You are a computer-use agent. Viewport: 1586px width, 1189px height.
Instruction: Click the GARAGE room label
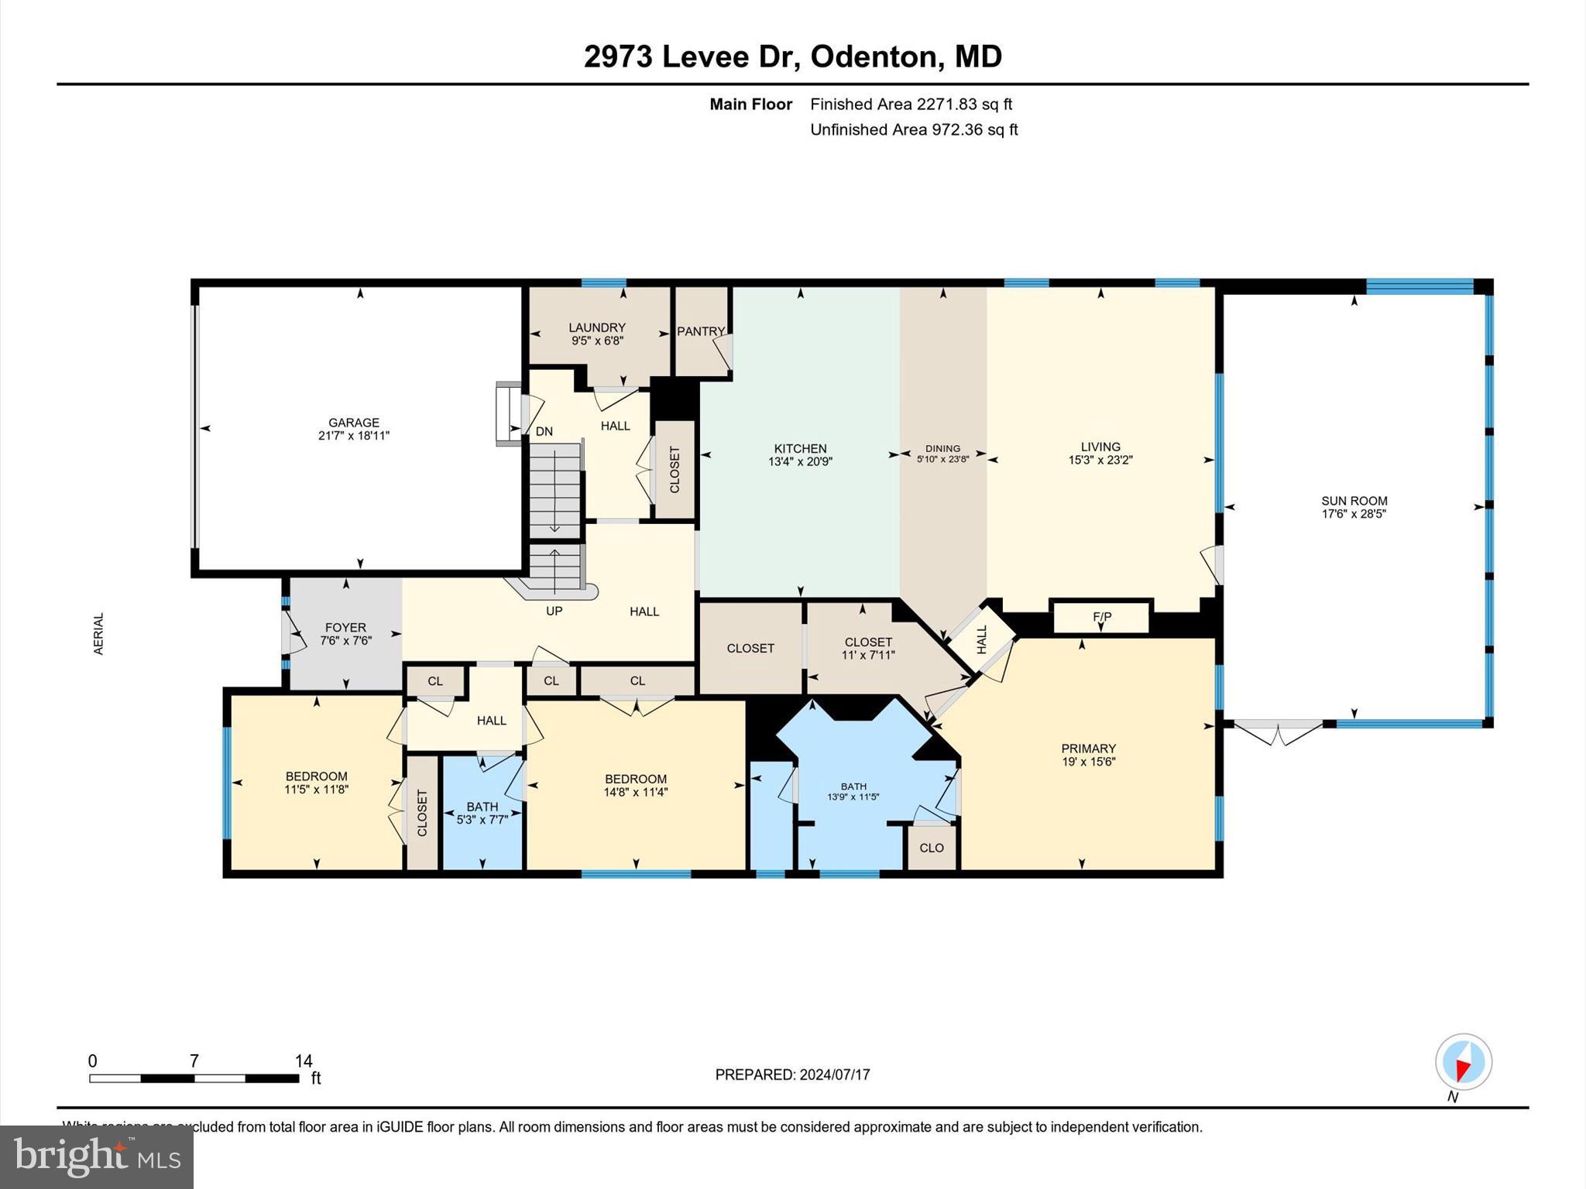tap(353, 423)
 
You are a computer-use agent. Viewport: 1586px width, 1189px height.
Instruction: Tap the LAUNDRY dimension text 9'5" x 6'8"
tap(596, 341)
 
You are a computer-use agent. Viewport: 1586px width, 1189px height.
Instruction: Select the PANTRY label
tap(700, 331)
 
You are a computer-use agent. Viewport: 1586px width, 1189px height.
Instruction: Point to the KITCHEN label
tap(800, 448)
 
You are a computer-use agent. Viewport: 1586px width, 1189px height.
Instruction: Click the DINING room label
tap(942, 448)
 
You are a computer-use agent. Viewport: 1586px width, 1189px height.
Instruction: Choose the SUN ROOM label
tap(1354, 501)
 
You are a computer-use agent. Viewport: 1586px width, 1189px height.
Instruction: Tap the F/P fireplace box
tap(1101, 617)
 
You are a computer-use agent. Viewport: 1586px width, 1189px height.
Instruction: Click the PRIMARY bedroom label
tap(1088, 749)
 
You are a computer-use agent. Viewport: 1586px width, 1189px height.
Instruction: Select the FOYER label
tap(345, 628)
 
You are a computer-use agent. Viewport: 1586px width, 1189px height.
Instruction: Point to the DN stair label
tap(544, 431)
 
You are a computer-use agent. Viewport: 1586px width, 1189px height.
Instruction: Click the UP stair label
tap(554, 611)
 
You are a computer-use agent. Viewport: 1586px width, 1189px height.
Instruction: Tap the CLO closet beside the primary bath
tap(932, 848)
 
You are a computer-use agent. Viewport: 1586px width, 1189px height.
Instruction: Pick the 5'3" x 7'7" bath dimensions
tap(482, 820)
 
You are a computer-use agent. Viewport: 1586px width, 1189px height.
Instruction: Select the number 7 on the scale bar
tap(194, 1061)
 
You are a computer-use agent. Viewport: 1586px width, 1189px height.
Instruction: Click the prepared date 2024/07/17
tap(835, 1074)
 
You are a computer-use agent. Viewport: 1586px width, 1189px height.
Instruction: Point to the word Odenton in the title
tap(875, 57)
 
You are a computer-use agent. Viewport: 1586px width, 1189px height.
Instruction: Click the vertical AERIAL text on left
tap(98, 634)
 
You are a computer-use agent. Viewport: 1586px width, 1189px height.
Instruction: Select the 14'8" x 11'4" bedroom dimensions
tap(635, 792)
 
